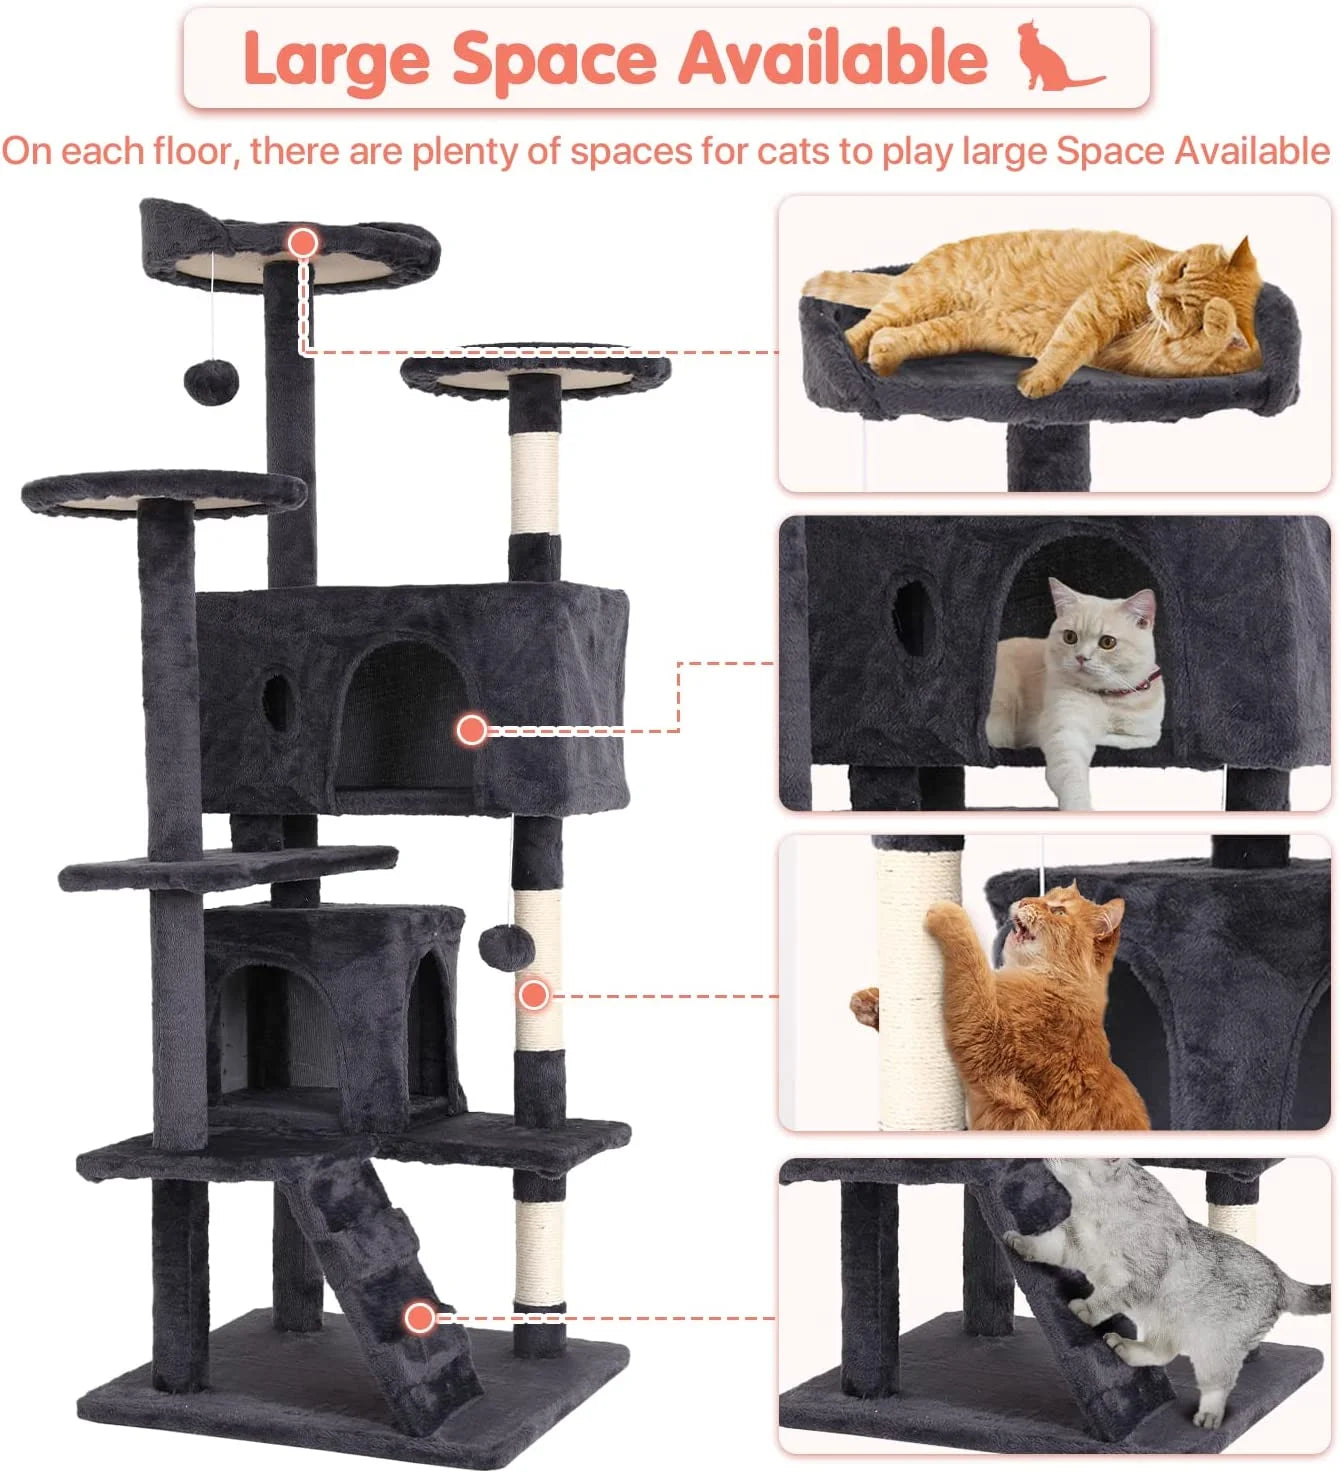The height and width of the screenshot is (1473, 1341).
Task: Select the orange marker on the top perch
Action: [303, 242]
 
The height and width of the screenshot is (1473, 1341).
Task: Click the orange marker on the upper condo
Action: [471, 729]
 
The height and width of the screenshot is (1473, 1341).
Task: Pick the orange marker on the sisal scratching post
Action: [534, 993]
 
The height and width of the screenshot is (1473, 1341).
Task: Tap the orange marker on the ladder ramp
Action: [420, 1317]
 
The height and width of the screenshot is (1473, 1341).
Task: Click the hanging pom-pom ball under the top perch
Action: [211, 381]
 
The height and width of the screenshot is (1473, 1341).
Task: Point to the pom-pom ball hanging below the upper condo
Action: [507, 946]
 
